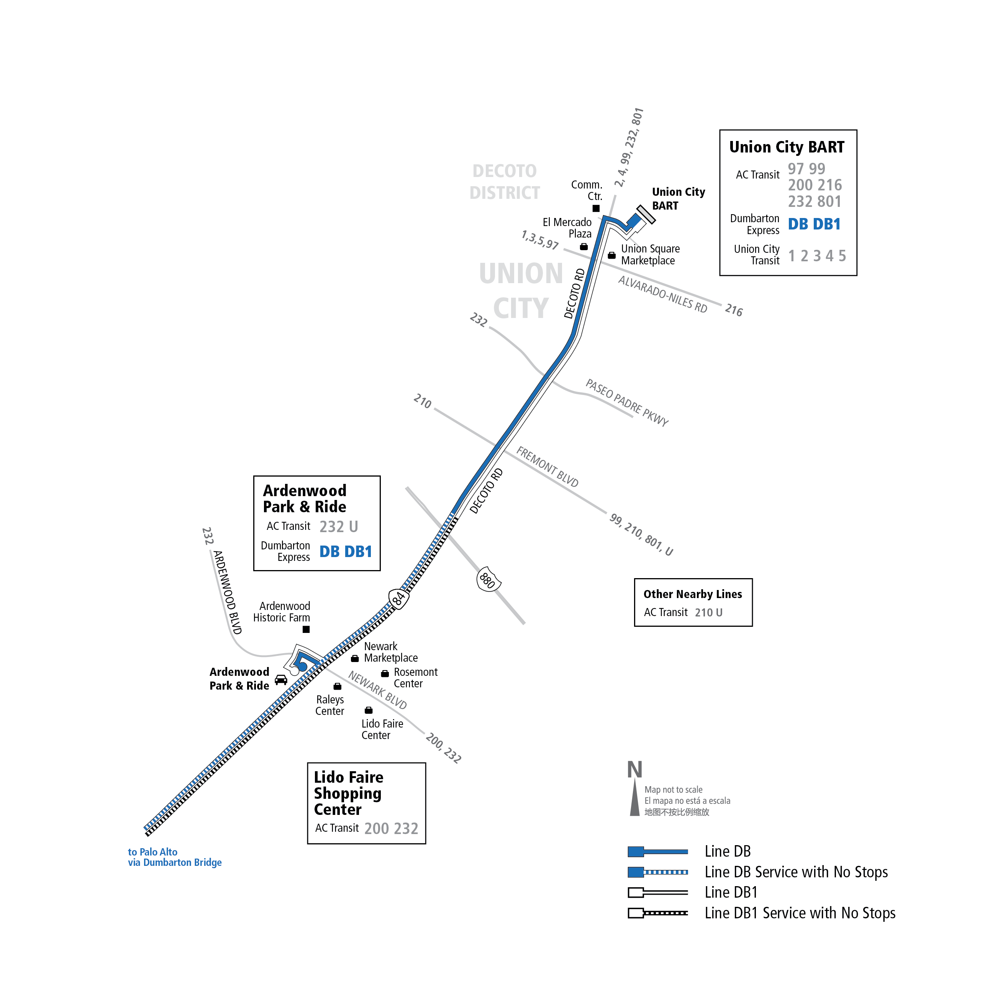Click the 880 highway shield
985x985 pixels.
[x=488, y=579]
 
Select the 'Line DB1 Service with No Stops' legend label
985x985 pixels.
[x=800, y=913]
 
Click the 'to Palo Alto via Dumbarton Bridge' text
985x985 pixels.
[x=174, y=857]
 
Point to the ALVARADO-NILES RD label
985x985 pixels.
[x=662, y=294]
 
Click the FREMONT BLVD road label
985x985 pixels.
[x=547, y=467]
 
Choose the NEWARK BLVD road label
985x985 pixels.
[x=377, y=690]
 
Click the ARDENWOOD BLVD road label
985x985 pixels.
[x=227, y=592]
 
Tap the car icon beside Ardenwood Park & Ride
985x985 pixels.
[x=281, y=680]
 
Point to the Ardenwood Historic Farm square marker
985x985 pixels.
[x=306, y=629]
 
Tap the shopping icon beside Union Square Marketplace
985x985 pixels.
[x=611, y=256]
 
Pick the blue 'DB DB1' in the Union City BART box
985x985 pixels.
[x=814, y=224]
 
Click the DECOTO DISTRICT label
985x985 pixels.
[x=504, y=182]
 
